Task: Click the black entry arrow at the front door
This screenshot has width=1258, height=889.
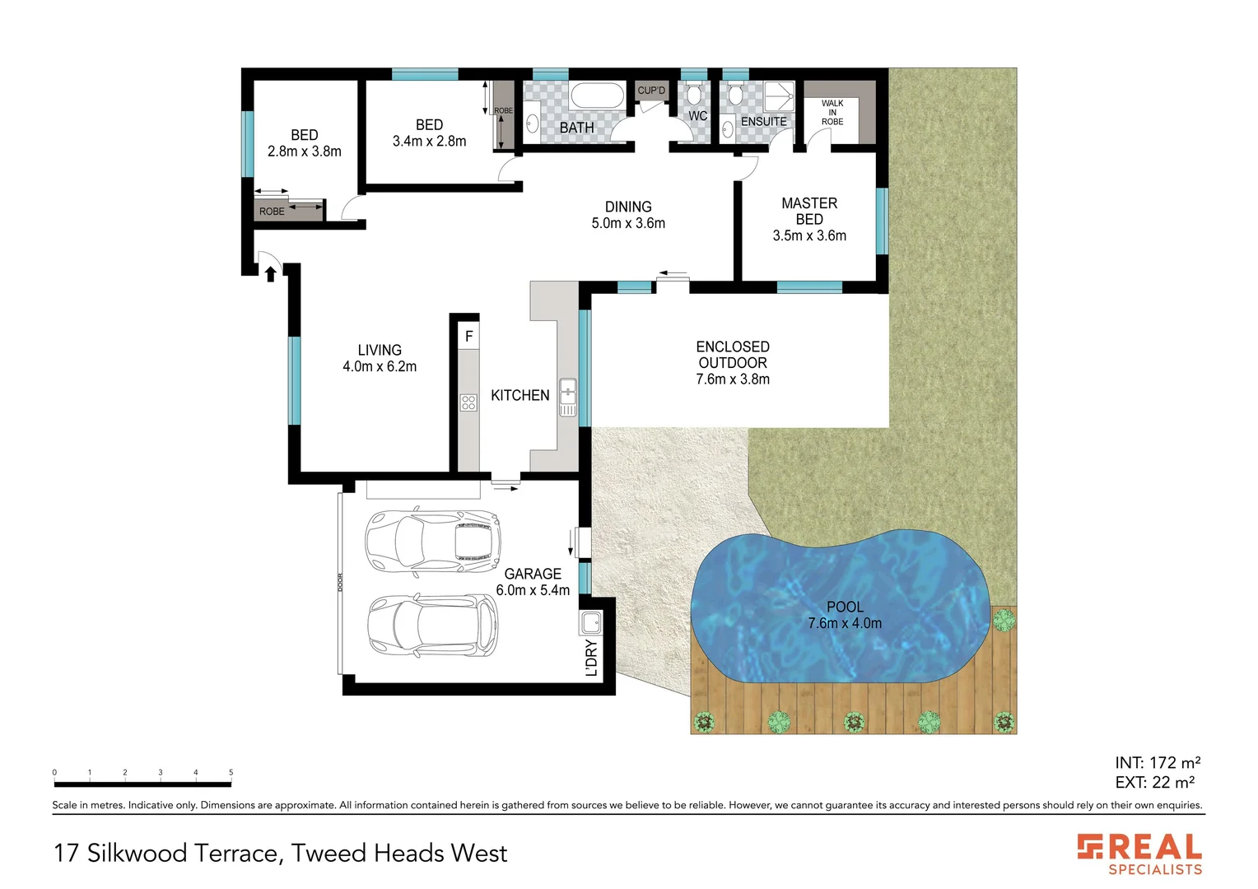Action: tap(270, 273)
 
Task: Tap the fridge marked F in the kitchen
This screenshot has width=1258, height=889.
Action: tap(468, 336)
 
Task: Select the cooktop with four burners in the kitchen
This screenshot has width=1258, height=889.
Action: tap(468, 403)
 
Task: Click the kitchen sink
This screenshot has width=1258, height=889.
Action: tap(568, 397)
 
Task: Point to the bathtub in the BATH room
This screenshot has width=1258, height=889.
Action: tap(597, 96)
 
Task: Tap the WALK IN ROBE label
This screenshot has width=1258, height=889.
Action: tap(832, 113)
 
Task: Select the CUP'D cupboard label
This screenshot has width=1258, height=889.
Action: tap(651, 91)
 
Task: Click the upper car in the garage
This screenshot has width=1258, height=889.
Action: tap(432, 542)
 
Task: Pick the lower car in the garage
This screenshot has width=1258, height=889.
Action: tap(432, 626)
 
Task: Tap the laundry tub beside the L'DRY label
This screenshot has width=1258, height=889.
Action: tap(591, 623)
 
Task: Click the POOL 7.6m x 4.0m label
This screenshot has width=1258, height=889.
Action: tap(845, 615)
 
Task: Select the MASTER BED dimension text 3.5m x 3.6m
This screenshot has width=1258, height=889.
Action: tap(809, 235)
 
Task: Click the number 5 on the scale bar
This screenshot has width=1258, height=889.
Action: tap(231, 772)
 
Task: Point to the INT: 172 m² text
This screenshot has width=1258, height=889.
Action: tap(1157, 763)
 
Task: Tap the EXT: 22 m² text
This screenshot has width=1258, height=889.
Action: tap(1154, 783)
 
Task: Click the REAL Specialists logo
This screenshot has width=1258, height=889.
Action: tap(1139, 854)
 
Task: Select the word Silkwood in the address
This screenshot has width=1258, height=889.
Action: tap(137, 854)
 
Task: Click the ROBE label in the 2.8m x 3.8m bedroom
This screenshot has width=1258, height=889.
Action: tap(272, 212)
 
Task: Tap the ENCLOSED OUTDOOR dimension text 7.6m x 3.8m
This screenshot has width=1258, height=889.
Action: tap(733, 379)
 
